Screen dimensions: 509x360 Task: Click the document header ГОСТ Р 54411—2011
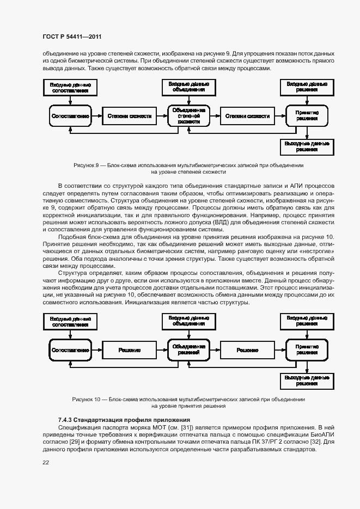pos(72,36)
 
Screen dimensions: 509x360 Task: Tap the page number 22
pos(46,462)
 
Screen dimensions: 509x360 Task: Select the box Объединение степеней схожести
pos(188,116)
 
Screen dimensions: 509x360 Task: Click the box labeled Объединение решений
pos(188,349)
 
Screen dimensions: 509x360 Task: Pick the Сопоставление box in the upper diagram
pos(70,116)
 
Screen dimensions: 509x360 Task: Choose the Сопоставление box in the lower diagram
pos(70,350)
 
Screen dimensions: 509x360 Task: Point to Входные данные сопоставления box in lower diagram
pos(70,321)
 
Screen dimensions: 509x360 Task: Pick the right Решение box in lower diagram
pos(247,350)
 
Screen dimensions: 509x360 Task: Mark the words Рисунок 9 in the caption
pos(85,164)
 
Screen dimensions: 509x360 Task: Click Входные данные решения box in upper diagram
pos(307,87)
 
